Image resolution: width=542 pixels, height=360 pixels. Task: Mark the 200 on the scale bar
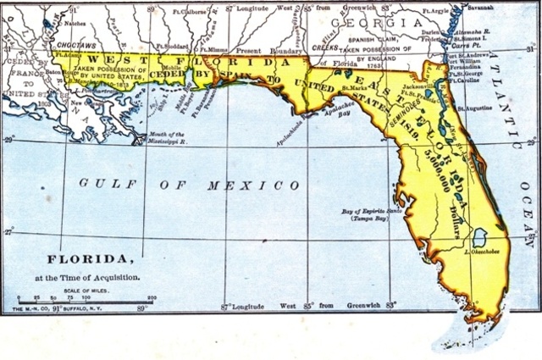pos(152,299)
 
